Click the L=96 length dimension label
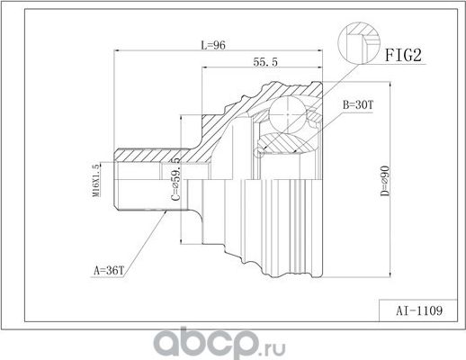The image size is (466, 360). (x=212, y=46)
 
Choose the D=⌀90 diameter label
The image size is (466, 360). (x=384, y=179)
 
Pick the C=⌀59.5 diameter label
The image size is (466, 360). (x=177, y=179)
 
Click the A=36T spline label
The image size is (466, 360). (x=109, y=268)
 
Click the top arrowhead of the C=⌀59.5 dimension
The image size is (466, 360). (x=185, y=118)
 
